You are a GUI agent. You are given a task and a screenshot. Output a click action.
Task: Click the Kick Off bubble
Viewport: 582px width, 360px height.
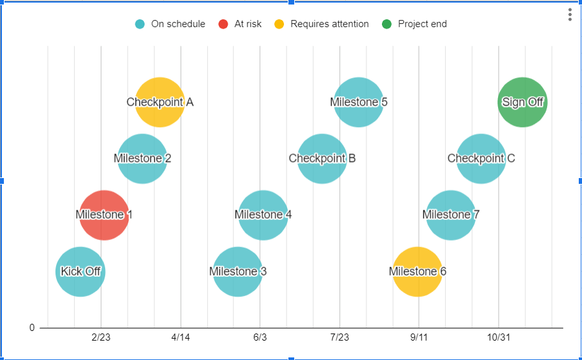80,272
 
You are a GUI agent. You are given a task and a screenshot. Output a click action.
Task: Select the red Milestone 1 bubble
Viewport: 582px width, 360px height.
104,215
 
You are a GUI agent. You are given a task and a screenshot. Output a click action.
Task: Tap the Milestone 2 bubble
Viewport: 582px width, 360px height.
143,159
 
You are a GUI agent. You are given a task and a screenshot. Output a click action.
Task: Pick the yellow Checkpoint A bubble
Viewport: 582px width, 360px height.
160,102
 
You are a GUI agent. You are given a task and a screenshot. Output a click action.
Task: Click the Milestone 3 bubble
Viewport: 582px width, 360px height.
238,272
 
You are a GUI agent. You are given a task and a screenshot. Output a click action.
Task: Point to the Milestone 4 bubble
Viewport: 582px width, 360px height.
263,215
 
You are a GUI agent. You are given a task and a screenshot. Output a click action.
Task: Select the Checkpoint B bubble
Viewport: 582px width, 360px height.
322,159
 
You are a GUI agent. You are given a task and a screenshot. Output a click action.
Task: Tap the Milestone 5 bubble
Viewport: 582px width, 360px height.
359,102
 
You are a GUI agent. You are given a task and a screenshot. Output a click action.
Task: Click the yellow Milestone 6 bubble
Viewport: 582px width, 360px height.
417,272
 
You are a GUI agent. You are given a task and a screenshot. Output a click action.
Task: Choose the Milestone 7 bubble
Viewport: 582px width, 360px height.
451,215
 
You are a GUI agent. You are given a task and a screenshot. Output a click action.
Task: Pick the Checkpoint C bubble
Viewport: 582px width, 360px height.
481,159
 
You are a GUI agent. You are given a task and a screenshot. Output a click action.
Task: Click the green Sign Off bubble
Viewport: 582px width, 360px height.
523,102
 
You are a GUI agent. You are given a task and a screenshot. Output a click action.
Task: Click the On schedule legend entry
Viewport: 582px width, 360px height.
171,24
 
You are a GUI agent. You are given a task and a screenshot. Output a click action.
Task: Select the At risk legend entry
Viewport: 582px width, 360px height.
241,24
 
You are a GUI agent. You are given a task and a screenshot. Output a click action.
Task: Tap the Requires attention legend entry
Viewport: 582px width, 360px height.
323,24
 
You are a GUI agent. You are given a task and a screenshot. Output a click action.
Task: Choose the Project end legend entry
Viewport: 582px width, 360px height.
415,24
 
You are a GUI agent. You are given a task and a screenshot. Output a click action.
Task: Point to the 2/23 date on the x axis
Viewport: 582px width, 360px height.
101,337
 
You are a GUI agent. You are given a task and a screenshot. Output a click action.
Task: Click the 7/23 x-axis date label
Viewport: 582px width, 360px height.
339,337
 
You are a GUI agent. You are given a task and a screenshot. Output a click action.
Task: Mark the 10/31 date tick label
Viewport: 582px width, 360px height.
498,337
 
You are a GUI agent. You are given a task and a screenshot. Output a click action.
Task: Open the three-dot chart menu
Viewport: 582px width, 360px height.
570,15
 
